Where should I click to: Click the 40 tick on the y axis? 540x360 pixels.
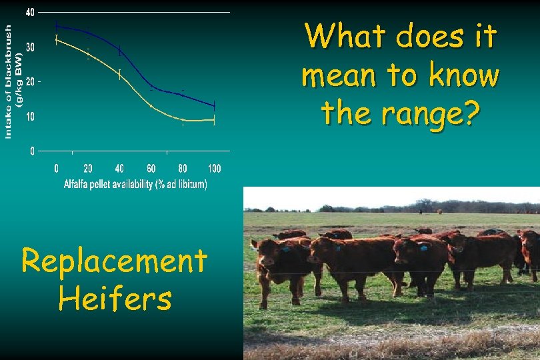(x=31, y=13)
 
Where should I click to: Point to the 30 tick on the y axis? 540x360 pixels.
(x=31, y=47)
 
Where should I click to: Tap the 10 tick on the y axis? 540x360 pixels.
(x=31, y=117)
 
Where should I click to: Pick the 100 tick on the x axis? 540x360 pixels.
(x=214, y=169)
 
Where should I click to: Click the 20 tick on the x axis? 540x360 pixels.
(x=88, y=169)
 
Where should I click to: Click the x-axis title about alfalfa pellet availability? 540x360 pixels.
(x=135, y=184)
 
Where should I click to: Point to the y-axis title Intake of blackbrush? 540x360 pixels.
(x=13, y=81)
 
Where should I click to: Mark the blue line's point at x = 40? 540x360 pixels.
(x=119, y=50)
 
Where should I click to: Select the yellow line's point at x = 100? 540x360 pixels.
(x=214, y=121)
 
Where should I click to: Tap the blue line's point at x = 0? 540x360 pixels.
(x=57, y=26)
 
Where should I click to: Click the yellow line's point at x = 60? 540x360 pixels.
(x=151, y=106)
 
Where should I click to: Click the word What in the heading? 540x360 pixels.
(x=346, y=37)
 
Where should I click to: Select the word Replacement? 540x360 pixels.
(x=115, y=261)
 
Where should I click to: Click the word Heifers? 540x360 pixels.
(x=115, y=298)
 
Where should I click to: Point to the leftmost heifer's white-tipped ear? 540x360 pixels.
(x=255, y=244)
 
